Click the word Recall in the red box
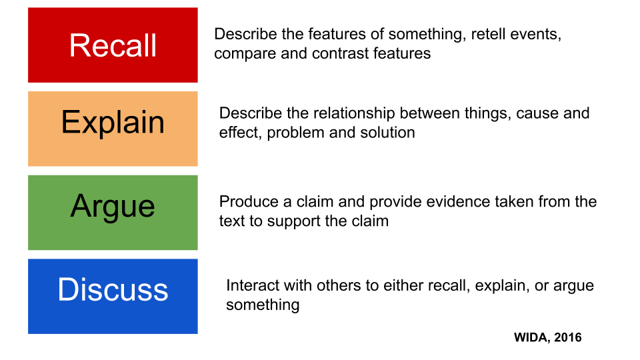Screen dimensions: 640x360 (113, 45)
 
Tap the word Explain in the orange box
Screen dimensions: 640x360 (113, 123)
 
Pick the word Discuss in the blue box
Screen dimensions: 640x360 (113, 289)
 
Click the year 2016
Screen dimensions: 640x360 (568, 337)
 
